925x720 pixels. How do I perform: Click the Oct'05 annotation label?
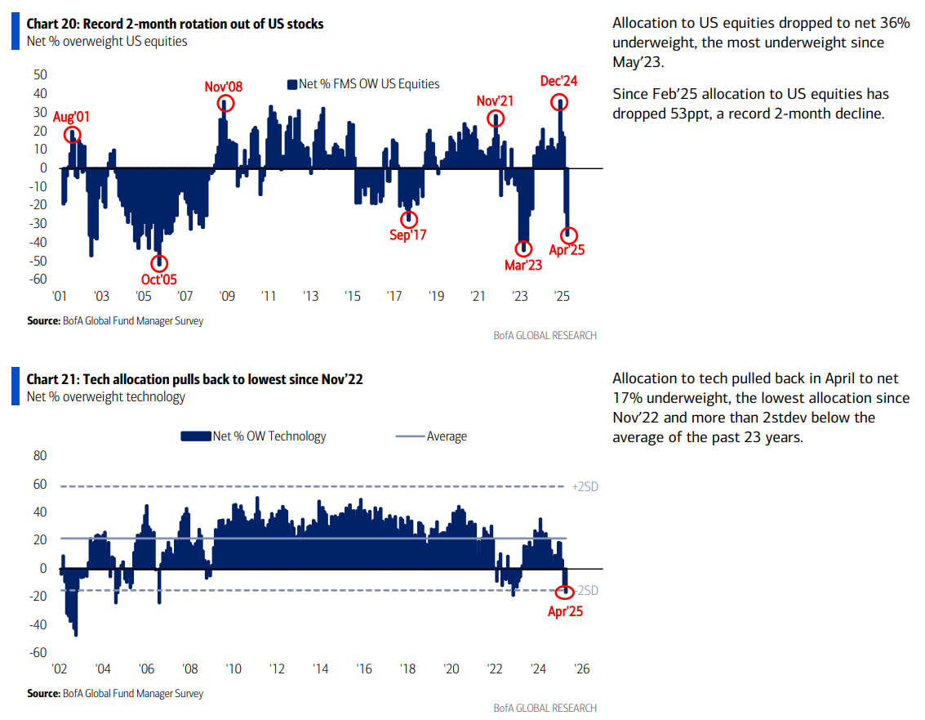(x=159, y=280)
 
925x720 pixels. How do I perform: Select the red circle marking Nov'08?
(x=226, y=103)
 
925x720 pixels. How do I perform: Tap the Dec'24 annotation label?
(x=559, y=81)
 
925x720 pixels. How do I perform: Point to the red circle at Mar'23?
(x=523, y=248)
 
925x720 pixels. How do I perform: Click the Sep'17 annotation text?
(x=408, y=235)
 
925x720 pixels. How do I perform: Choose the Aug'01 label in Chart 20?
(x=71, y=117)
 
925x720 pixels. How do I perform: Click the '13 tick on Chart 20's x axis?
(x=310, y=296)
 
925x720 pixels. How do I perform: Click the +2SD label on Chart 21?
(x=585, y=487)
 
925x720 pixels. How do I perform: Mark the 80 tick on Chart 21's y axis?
(x=38, y=455)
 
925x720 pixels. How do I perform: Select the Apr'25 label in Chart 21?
(x=565, y=610)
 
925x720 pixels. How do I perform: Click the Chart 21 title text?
(x=194, y=378)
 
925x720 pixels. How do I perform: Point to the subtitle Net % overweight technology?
(x=106, y=396)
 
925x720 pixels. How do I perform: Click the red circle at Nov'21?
(x=495, y=118)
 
